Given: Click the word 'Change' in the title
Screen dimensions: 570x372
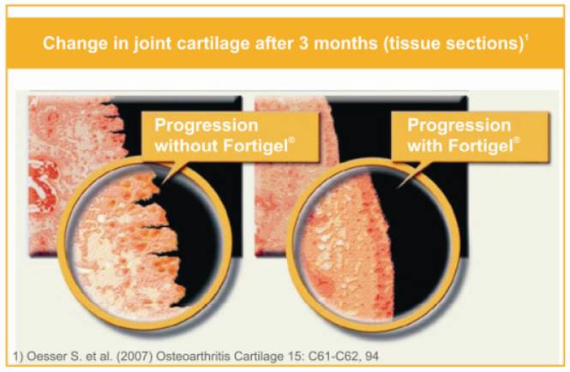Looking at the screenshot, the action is click(75, 43).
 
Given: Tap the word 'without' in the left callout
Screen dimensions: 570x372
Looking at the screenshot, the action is click(186, 146).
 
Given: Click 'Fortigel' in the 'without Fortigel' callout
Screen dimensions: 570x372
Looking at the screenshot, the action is click(256, 146).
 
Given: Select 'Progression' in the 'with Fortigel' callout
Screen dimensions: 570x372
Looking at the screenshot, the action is click(459, 126).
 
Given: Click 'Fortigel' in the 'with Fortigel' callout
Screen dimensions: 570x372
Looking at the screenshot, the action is click(481, 146).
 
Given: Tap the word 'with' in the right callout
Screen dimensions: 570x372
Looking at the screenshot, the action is click(424, 146).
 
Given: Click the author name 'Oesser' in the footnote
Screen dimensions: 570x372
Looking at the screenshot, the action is click(46, 356).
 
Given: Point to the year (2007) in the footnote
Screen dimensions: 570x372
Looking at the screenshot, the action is click(134, 356).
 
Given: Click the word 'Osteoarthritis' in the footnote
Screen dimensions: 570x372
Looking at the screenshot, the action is click(193, 356).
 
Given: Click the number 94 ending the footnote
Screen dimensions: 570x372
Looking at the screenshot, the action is click(370, 357).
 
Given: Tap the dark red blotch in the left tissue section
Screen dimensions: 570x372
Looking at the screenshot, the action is click(43, 184).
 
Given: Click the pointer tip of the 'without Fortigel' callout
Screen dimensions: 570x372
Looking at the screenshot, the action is click(161, 183).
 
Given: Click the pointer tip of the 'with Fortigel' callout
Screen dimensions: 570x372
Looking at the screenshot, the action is click(398, 187).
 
